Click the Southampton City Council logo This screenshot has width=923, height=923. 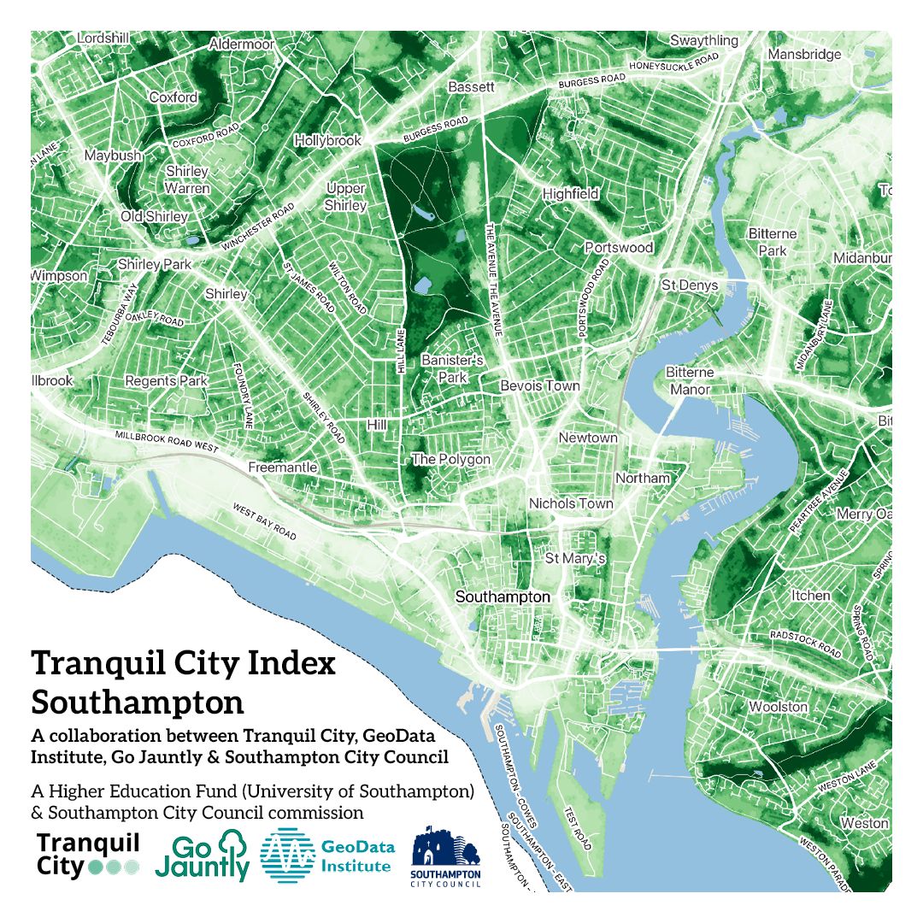[446, 856]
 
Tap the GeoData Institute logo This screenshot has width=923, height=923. [327, 855]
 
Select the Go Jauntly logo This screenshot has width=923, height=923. [202, 855]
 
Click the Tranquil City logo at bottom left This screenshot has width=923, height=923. [88, 855]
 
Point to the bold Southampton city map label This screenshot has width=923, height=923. [503, 597]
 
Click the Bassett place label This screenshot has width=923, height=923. [471, 87]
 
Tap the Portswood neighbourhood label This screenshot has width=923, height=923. [619, 248]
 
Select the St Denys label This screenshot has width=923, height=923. [690, 285]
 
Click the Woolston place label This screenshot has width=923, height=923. [778, 707]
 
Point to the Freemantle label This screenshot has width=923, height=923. [282, 467]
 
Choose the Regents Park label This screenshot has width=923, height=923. [166, 380]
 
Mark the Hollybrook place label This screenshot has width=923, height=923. [327, 140]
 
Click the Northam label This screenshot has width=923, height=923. [643, 478]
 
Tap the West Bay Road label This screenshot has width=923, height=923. [265, 522]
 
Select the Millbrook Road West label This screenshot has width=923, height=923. [167, 442]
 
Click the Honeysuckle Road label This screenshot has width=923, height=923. [673, 64]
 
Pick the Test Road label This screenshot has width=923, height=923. [578, 828]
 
